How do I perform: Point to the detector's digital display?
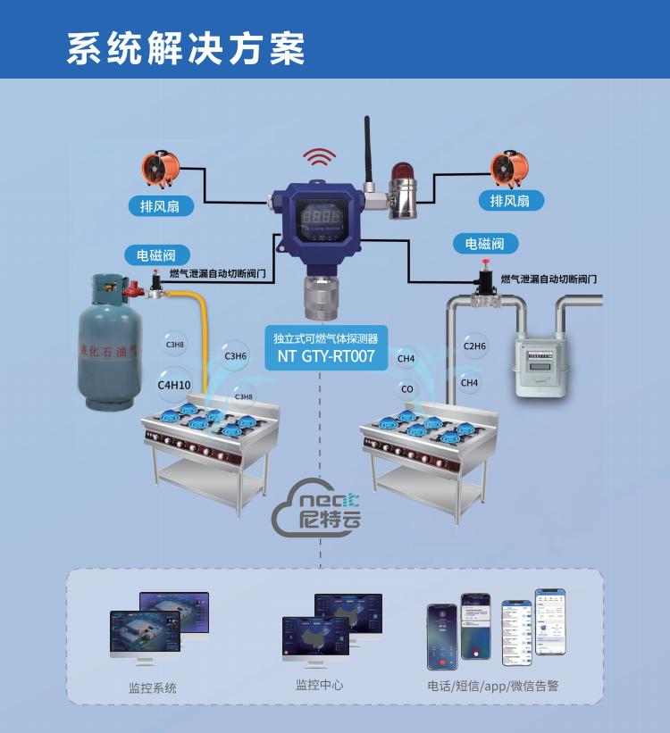tap(319, 216)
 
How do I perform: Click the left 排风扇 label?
tap(160, 206)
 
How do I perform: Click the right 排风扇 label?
tap(510, 201)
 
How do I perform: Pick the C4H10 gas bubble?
tap(174, 385)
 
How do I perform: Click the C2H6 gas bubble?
tap(474, 346)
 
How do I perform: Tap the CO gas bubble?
tap(407, 389)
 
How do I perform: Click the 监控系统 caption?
tap(153, 687)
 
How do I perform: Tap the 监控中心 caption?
tap(319, 685)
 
